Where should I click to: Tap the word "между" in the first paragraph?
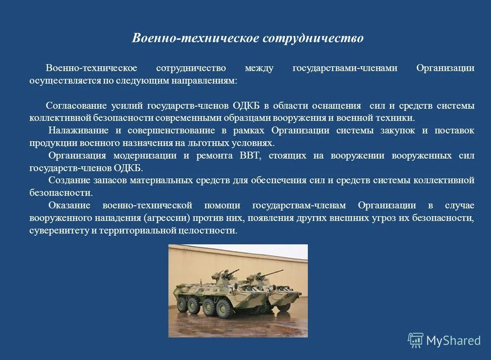[259, 68]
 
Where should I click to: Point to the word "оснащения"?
[340, 106]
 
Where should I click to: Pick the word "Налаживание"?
[76, 131]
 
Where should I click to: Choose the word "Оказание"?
[69, 205]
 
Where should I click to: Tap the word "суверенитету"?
[59, 230]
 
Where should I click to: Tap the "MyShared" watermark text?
[453, 341]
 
